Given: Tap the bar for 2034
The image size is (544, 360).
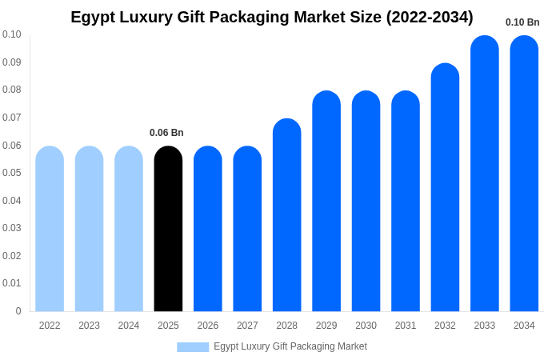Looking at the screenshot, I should [x=524, y=174].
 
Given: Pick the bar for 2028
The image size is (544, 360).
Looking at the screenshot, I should [x=286, y=215].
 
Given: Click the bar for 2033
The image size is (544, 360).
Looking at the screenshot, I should [x=484, y=174].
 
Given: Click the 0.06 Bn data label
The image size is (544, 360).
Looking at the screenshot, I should [x=166, y=133].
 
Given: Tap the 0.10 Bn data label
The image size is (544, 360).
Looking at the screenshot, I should [x=522, y=22].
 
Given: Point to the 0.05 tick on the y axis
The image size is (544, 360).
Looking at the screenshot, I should [x=12, y=173].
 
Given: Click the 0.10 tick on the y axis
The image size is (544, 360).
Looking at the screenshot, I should [x=12, y=34].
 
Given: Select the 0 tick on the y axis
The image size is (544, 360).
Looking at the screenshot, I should [x=18, y=311].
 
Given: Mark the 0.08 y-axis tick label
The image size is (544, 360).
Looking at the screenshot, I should [x=12, y=90].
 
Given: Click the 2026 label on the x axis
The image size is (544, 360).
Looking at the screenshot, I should [x=208, y=326].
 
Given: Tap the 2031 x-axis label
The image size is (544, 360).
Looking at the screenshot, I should [x=406, y=326].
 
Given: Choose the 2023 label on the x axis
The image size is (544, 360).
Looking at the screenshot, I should [x=89, y=326].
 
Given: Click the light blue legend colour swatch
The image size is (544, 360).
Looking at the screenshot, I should [x=193, y=347].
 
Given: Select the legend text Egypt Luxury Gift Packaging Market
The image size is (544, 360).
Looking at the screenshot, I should [x=290, y=346].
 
